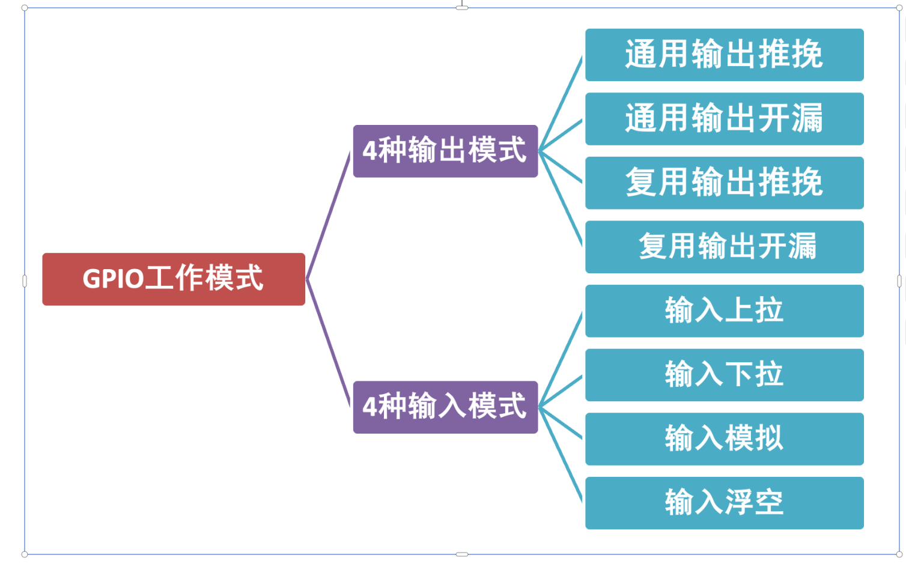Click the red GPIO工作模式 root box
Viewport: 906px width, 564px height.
point(174,279)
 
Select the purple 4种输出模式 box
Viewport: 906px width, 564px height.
point(445,151)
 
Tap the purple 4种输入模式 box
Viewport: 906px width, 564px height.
point(445,407)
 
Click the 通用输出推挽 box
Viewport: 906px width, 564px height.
point(724,55)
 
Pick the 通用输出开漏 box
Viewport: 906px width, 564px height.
point(724,119)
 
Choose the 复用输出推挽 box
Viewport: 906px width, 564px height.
point(724,183)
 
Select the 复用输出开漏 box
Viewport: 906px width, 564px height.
point(724,247)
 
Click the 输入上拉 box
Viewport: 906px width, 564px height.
point(724,311)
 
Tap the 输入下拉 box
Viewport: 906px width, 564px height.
point(724,375)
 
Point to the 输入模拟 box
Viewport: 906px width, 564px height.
point(724,439)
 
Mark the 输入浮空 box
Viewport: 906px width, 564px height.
point(724,503)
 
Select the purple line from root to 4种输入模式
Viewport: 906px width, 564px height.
point(329,342)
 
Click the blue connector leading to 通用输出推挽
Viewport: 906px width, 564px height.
point(561,104)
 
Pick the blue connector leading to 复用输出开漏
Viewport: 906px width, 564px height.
point(561,198)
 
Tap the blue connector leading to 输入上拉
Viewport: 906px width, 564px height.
point(561,360)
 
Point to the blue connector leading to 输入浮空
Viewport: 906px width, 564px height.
point(561,453)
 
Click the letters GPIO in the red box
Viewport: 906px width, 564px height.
point(113,279)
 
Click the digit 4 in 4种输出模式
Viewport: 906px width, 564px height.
point(369,151)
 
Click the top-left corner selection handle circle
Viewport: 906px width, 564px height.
point(25,8)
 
